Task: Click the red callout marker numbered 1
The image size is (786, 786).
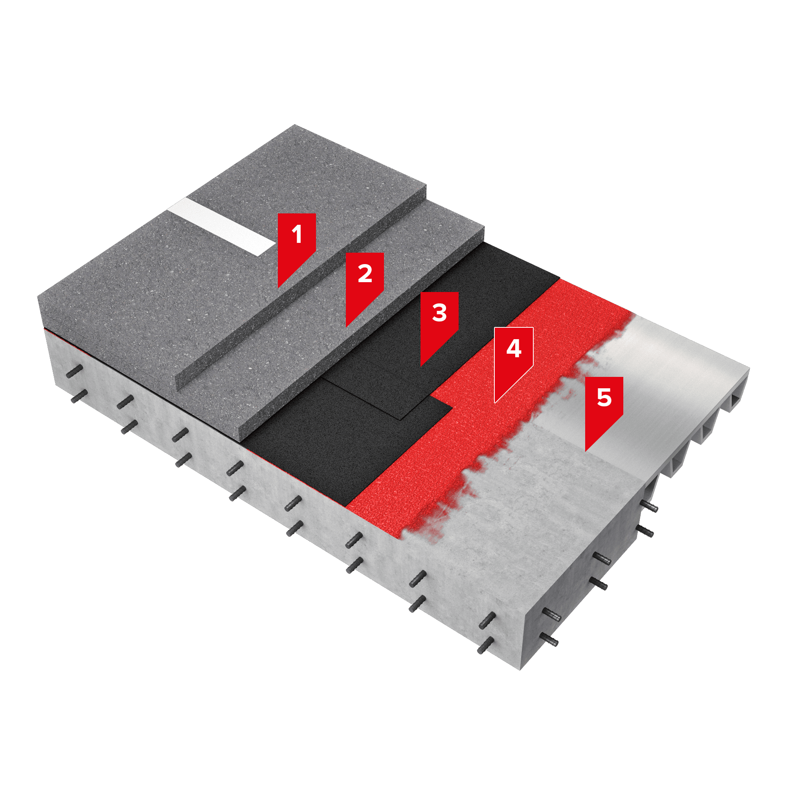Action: point(297,244)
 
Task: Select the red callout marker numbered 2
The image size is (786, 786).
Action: point(365,284)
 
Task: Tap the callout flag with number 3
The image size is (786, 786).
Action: point(439,323)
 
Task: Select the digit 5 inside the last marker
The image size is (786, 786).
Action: point(604,397)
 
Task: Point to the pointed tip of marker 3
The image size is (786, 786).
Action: point(421,366)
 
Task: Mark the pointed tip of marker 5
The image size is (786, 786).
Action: point(586,451)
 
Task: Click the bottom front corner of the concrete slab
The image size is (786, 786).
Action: point(521,669)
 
